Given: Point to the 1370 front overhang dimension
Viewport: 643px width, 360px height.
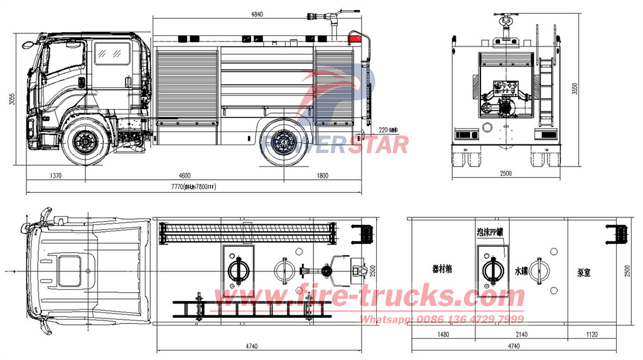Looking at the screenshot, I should (54, 176).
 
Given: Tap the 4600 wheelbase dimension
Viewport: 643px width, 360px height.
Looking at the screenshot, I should (184, 176).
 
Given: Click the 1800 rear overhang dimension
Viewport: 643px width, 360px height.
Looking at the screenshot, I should (322, 176).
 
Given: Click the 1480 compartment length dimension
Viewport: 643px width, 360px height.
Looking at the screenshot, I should (443, 335).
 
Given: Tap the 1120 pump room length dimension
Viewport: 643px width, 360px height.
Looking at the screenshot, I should (591, 335).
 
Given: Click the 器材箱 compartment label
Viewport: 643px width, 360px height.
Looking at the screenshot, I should (443, 268).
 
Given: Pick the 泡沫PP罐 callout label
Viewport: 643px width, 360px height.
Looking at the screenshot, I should (490, 232).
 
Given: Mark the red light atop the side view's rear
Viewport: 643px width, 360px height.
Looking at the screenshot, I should (355, 38).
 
